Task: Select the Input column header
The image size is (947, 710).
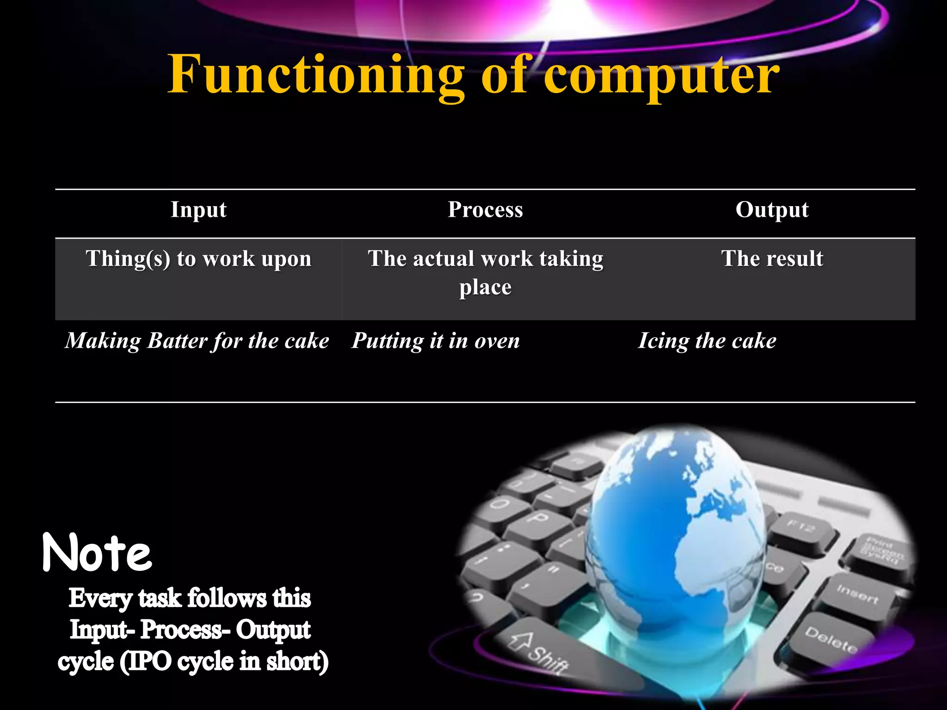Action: (x=198, y=209)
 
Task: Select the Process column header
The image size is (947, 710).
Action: (x=485, y=209)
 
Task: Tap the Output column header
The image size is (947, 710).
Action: (x=772, y=209)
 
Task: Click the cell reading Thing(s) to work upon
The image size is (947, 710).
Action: (x=198, y=258)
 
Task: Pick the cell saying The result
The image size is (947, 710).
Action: (x=772, y=258)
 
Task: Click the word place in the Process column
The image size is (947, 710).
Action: (x=485, y=287)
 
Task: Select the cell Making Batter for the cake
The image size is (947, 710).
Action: (x=197, y=341)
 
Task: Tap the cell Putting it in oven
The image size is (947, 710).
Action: (x=436, y=341)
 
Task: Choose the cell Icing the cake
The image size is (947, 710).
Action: (x=707, y=341)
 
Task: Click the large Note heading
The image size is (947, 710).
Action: (x=97, y=553)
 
